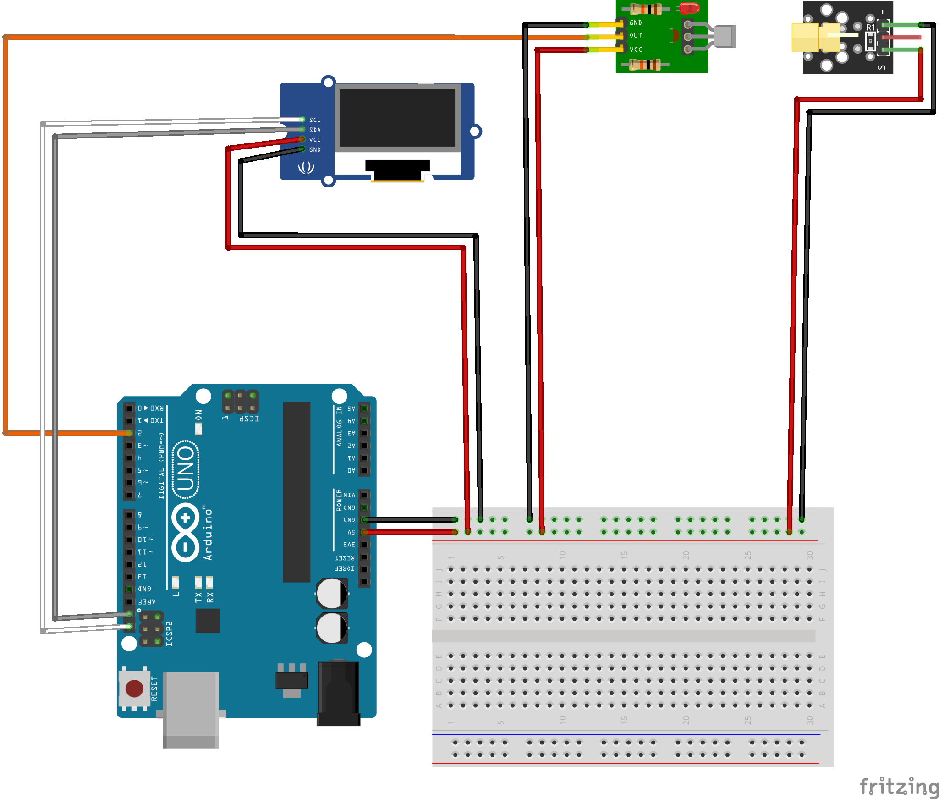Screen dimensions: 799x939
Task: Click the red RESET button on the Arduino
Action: click(x=134, y=689)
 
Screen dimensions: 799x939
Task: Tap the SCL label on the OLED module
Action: click(x=315, y=120)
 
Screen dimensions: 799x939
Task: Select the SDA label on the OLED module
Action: click(x=315, y=130)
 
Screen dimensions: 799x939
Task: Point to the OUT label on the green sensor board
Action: click(x=636, y=35)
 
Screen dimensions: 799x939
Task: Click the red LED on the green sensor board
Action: click(x=689, y=8)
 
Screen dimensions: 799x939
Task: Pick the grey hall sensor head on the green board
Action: click(x=725, y=36)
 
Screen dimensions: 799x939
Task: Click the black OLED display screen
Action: click(x=397, y=118)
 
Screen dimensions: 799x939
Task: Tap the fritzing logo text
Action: click(x=899, y=787)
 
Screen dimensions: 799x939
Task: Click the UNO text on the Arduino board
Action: click(x=186, y=469)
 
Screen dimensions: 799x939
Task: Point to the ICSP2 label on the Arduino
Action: click(x=169, y=634)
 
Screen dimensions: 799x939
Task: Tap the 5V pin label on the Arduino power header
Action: click(x=351, y=532)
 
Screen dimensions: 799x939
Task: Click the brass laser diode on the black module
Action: click(x=816, y=38)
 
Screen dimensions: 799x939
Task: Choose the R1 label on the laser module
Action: click(x=870, y=28)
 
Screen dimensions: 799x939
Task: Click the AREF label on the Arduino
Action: click(x=147, y=601)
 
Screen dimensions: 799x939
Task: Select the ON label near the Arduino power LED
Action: click(x=198, y=415)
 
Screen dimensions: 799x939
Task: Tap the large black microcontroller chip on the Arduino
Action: click(x=297, y=491)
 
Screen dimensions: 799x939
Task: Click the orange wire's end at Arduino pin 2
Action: click(x=129, y=433)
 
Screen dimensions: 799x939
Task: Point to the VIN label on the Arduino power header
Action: click(x=349, y=495)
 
